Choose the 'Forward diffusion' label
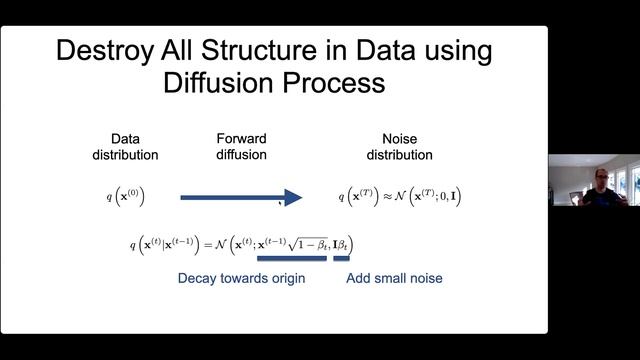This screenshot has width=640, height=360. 241,148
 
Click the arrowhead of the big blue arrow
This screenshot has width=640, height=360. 292,197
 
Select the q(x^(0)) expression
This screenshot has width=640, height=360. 126,197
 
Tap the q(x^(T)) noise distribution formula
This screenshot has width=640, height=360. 398,197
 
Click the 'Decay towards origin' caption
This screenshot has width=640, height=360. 241,278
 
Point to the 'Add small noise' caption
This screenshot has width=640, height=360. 394,278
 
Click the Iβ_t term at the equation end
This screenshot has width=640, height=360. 342,245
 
